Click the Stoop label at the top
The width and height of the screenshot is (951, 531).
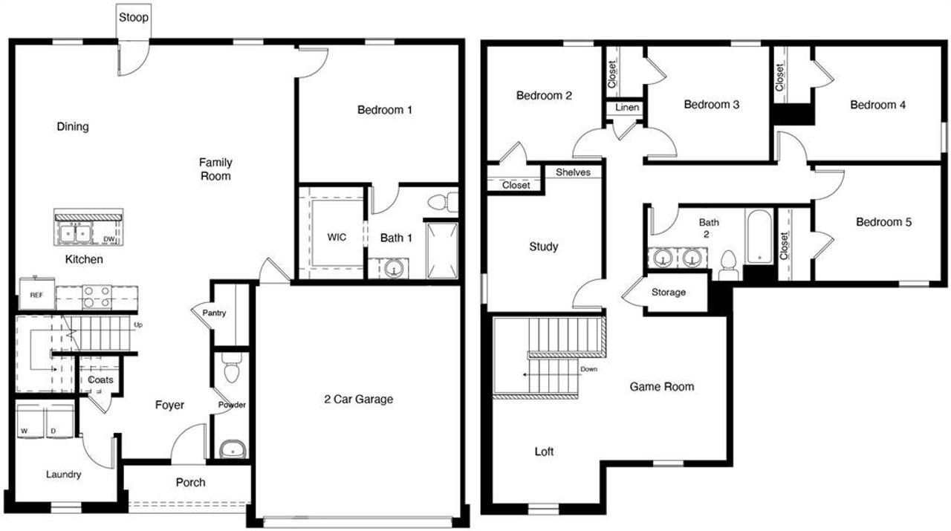tap(134, 16)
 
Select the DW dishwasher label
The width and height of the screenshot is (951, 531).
tap(108, 238)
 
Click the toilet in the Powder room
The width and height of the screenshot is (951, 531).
tap(232, 368)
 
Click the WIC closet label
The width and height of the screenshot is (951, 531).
tap(337, 238)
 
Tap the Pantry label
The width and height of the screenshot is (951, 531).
tap(214, 313)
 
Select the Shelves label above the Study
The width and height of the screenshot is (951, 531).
tap(573, 172)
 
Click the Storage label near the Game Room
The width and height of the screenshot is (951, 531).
tap(669, 292)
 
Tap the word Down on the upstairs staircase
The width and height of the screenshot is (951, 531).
tap(588, 368)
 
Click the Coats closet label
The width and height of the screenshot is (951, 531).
tap(100, 379)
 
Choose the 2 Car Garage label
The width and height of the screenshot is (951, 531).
tap(359, 399)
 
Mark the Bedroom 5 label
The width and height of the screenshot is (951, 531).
tap(883, 222)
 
